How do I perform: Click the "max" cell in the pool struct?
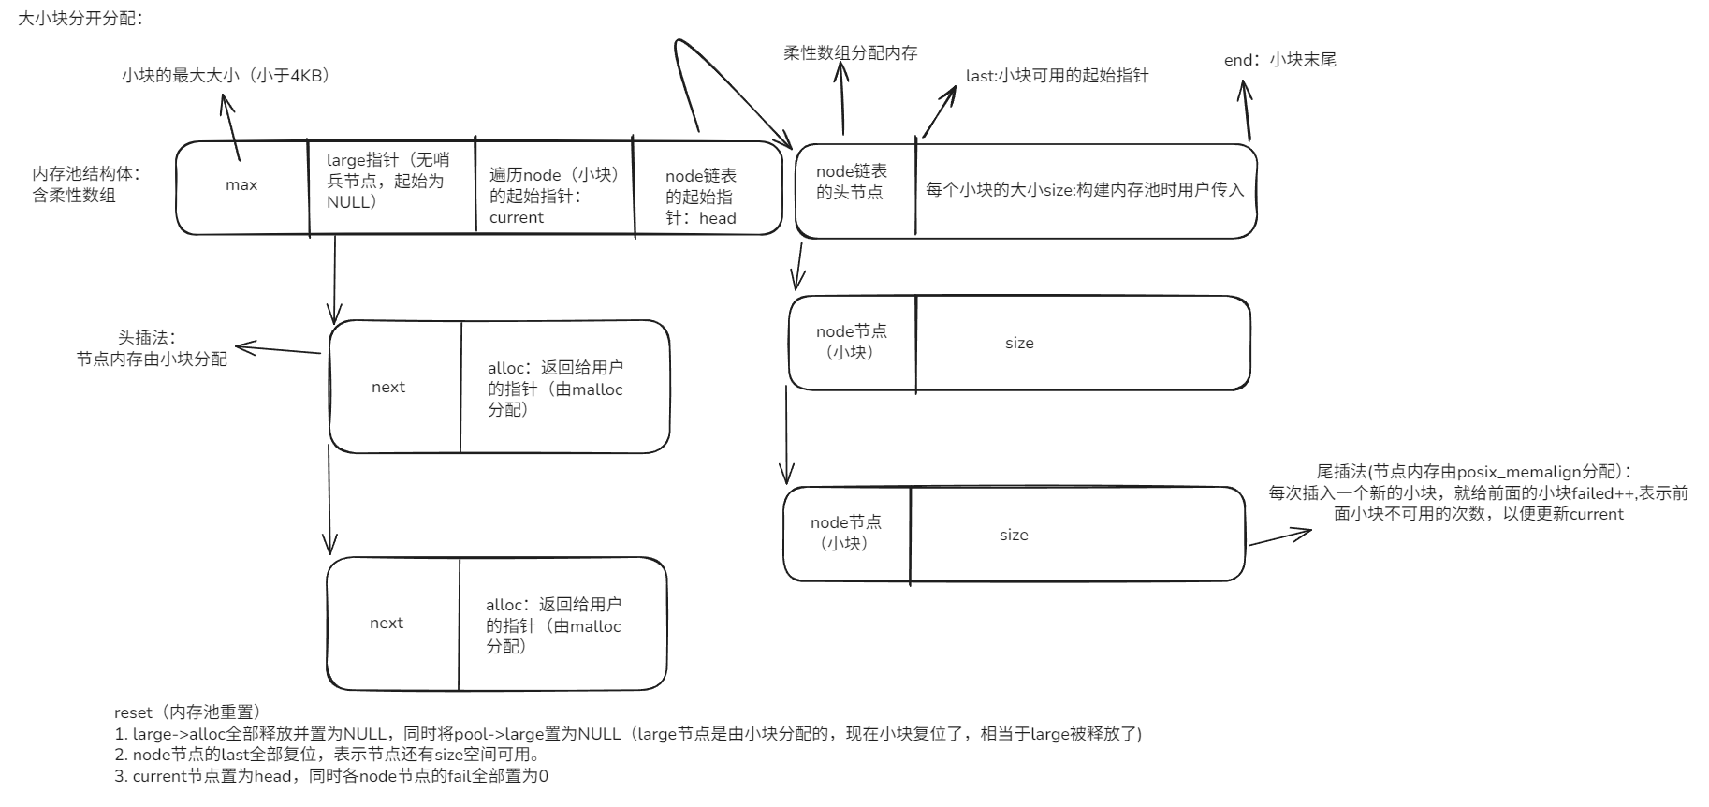coord(241,185)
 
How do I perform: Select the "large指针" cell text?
coord(387,181)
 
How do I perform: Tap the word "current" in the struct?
coord(516,217)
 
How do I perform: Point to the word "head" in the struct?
coord(718,218)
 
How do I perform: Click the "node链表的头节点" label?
coord(851,182)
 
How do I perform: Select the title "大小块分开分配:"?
coord(80,18)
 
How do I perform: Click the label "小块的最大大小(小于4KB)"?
coord(226,76)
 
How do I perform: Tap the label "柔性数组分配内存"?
coord(850,52)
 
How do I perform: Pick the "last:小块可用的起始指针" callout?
coord(1057,76)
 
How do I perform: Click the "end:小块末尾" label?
coord(1279,60)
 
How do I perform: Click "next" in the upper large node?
coord(388,388)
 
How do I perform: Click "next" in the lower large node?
coord(387,624)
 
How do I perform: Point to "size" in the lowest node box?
coord(1014,536)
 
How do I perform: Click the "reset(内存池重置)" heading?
coord(187,712)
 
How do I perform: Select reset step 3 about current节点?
coord(331,776)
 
